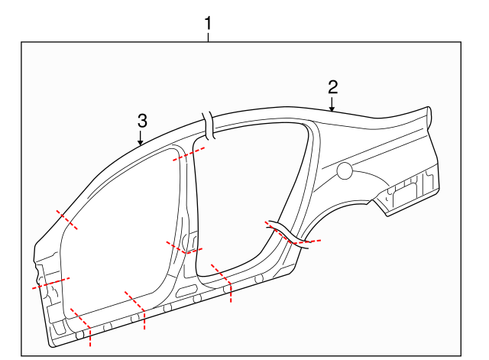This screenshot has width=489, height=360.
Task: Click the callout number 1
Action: click(209, 24)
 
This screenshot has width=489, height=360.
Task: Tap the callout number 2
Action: click(332, 86)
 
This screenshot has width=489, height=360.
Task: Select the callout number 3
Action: click(142, 120)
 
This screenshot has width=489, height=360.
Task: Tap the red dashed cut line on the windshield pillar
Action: click(66, 219)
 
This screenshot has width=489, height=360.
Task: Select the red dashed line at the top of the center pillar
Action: click(189, 155)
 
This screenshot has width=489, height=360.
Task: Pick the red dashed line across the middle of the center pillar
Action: click(184, 246)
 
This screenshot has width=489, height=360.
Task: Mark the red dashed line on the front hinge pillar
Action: click(50, 283)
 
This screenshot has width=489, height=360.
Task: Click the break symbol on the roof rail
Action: click(207, 125)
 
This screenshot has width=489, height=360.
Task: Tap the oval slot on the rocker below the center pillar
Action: click(186, 290)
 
